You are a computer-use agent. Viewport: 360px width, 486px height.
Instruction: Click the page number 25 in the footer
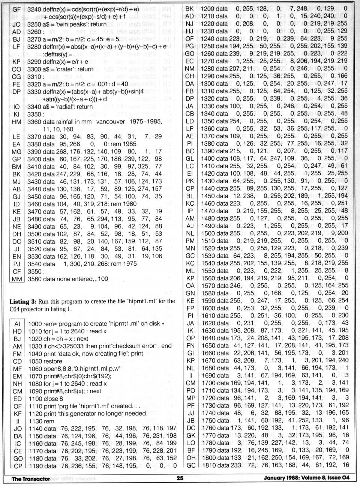180,478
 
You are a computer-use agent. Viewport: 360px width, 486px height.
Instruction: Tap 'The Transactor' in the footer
31,478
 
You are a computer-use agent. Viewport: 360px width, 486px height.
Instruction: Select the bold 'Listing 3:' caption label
23,301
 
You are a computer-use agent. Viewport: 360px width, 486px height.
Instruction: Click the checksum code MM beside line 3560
16,279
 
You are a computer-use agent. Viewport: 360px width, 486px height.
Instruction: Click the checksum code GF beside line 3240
16,9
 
